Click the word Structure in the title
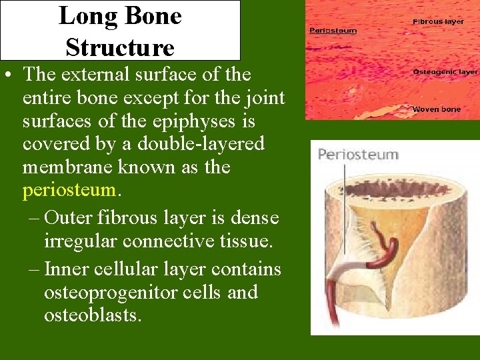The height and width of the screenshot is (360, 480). [120, 47]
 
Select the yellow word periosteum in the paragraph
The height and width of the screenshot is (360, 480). [69, 190]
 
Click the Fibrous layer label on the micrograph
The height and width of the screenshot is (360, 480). [438, 21]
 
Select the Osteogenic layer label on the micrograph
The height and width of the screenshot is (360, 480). [445, 71]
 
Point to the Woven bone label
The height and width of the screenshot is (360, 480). [436, 109]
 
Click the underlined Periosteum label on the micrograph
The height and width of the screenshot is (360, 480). [333, 30]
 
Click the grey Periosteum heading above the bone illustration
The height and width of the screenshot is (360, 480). [358, 155]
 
